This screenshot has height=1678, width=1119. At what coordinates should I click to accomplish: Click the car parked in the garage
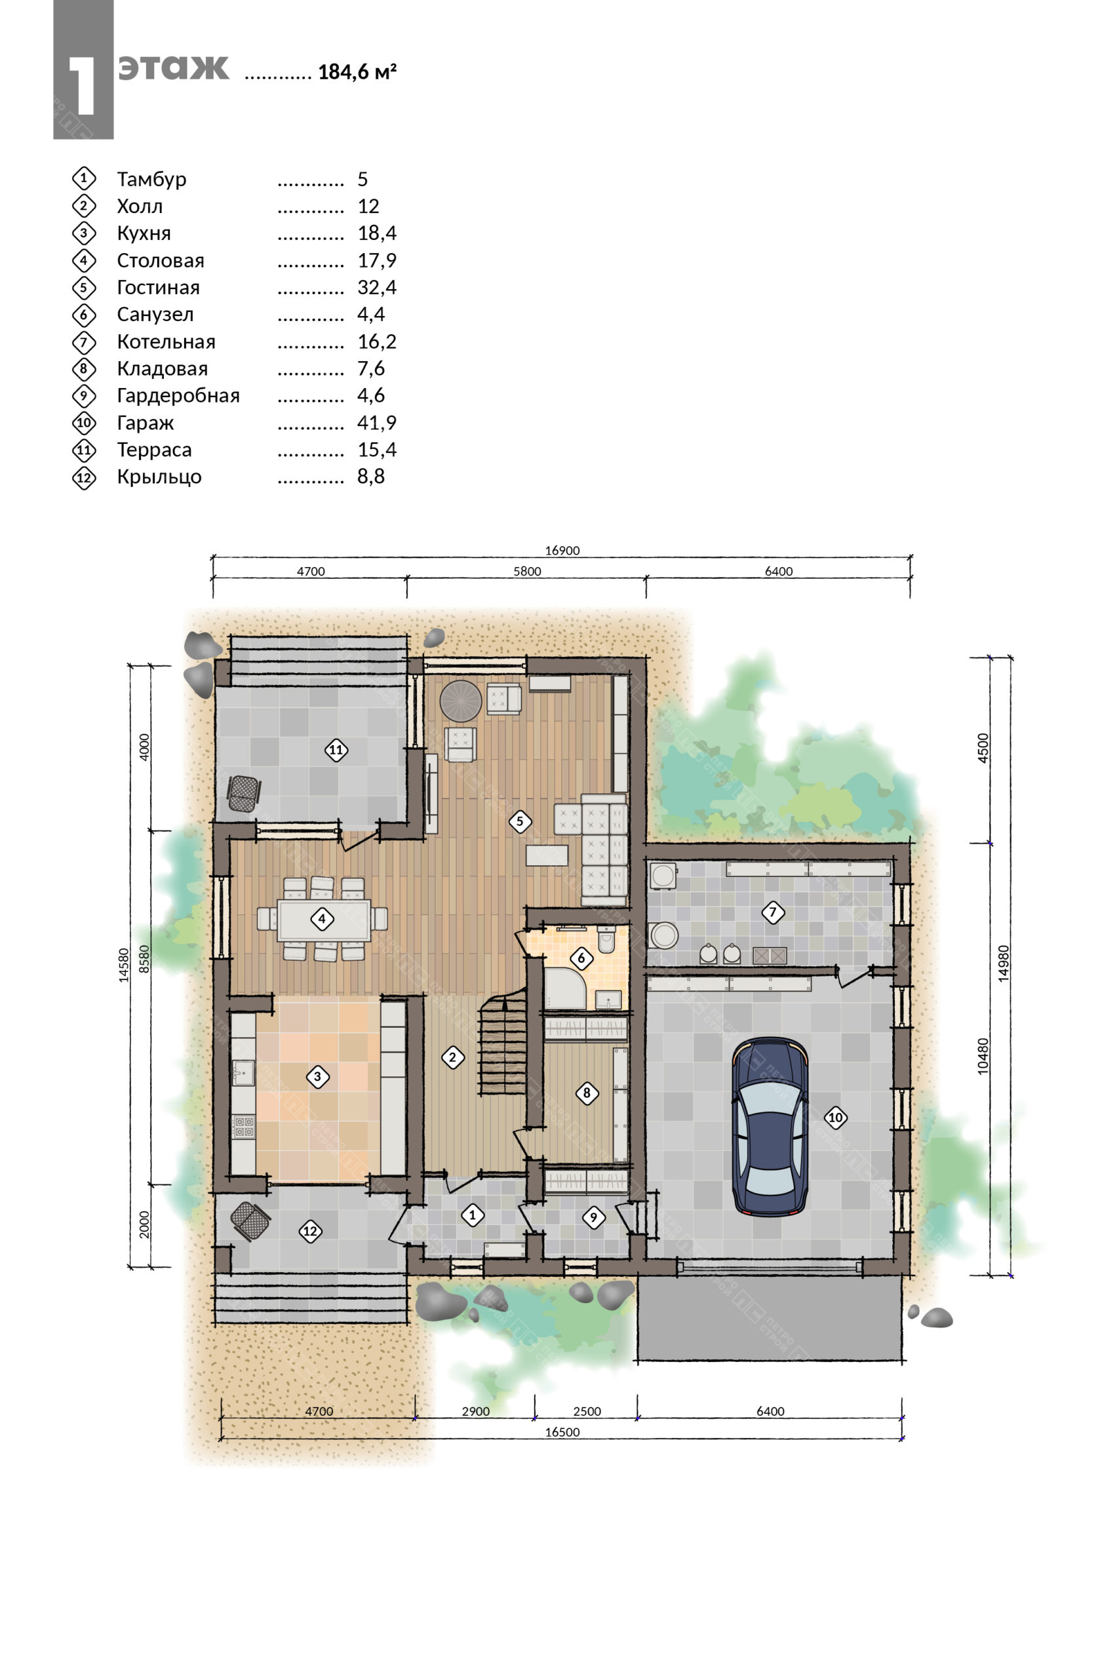pos(770,1127)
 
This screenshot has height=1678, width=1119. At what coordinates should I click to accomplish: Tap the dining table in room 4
pos(323,920)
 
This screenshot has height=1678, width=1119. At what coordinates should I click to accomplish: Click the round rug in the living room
pos(461,701)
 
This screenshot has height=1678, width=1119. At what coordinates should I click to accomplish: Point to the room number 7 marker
pos(772,912)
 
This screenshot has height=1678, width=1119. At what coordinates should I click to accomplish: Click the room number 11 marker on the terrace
pos(336,750)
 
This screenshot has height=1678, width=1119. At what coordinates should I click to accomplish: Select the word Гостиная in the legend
pos(159,288)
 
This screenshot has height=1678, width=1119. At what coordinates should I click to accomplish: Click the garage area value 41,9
pos(377,423)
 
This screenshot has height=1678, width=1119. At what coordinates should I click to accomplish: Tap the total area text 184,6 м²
pos(357,71)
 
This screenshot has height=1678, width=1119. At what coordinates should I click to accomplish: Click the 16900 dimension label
pos(562,550)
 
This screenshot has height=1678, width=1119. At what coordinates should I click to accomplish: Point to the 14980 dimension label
pos(1004,964)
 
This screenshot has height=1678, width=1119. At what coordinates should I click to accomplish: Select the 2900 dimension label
pos(475,1411)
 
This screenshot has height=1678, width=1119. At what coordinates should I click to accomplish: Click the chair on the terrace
pos(243,793)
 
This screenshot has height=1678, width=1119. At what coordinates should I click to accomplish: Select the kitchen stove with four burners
pos(243,1127)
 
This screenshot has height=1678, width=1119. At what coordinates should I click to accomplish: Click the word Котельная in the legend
pos(167,341)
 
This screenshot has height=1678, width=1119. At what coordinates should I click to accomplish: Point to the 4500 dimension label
pos(983,749)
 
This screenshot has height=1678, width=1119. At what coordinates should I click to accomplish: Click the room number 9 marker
pos(593,1217)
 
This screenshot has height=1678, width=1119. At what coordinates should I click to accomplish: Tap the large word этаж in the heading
pos(174,67)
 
